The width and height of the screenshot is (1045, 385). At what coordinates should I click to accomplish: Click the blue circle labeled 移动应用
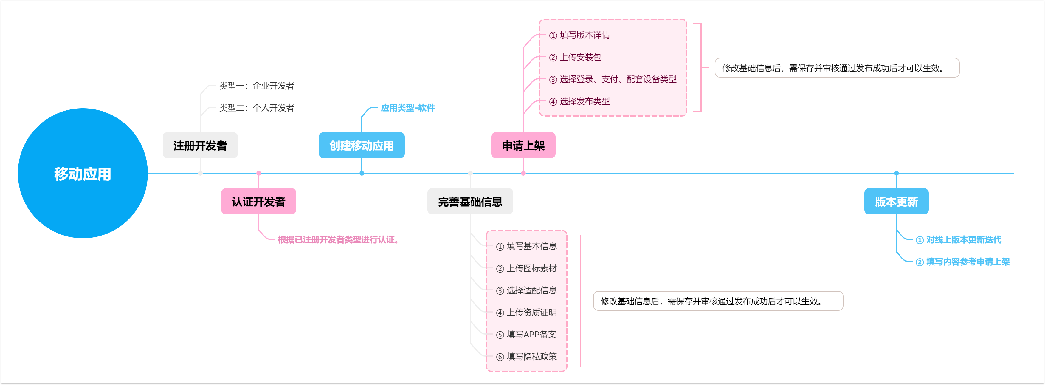(x=83, y=173)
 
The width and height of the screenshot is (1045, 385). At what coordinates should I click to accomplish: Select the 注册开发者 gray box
(x=200, y=145)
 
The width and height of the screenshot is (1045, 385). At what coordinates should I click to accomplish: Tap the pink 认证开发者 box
(x=258, y=201)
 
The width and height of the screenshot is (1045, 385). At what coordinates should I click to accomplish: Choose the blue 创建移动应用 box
(x=362, y=145)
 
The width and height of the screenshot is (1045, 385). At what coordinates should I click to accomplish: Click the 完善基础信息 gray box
(x=470, y=201)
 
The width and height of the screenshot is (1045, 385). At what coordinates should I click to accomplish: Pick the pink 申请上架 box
(x=523, y=145)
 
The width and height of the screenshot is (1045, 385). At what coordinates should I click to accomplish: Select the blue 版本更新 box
(x=897, y=201)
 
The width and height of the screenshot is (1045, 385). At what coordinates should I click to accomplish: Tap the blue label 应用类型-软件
(x=408, y=108)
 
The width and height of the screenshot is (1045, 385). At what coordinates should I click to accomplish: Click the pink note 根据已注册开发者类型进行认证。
(x=338, y=239)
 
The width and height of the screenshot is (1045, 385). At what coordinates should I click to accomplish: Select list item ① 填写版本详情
(x=579, y=35)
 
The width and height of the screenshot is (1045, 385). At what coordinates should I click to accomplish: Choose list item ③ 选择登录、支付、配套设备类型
(x=613, y=79)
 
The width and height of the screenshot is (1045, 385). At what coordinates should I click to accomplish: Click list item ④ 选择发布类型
(x=579, y=101)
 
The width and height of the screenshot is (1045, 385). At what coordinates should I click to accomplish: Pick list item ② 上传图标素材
(x=526, y=268)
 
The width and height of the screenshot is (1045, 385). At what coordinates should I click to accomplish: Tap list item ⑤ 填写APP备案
(x=526, y=334)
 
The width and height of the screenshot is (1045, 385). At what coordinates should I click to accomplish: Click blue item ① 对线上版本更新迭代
(x=958, y=239)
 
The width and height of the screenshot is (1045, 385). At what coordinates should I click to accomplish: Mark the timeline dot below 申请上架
(x=523, y=173)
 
